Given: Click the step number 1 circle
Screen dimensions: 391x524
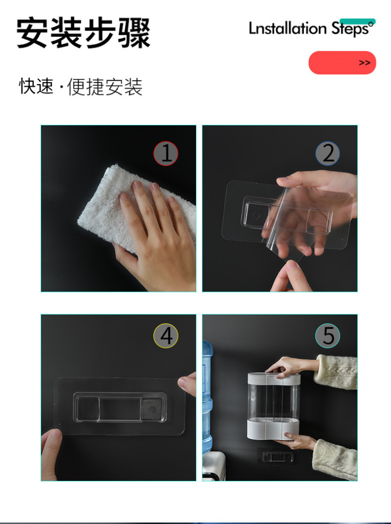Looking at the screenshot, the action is pos(166,154).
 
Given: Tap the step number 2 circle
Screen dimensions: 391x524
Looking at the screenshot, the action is pos(327,154).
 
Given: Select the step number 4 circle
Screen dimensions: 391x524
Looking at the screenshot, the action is pos(166,336).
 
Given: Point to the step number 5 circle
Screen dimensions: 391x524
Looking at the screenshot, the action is pos(327,336).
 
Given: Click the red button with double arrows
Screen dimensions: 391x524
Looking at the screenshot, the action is pos(342,63).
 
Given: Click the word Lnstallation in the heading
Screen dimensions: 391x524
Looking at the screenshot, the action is pos(287,28).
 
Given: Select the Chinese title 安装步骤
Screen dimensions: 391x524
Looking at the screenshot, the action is pos(84,33).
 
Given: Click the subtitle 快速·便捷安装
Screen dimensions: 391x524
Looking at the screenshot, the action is pos(81,87).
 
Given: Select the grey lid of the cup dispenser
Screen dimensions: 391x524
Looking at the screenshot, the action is pos(274,378).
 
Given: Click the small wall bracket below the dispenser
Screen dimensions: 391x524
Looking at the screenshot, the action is pos(275,456).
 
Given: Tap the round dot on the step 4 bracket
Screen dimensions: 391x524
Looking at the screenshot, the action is pos(152,410).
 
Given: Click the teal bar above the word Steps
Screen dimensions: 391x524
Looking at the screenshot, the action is pos(358,22).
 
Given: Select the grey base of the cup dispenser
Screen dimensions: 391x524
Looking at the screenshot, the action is pos(273,429).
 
